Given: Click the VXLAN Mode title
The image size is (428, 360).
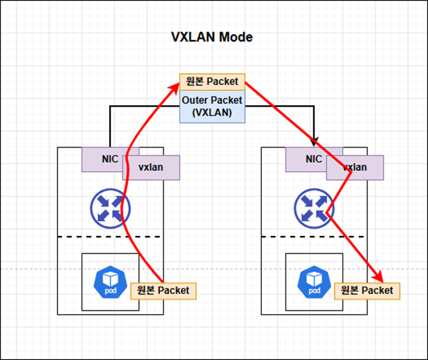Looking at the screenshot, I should click(212, 38).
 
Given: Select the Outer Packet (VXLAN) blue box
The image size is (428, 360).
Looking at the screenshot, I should click(212, 107).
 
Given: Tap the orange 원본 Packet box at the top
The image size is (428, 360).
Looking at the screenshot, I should click(212, 82).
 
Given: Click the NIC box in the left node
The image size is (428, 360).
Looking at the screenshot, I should click(102, 159).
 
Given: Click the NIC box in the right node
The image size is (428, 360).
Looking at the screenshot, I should click(306, 159).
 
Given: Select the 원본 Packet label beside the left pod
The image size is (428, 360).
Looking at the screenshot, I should click(163, 290).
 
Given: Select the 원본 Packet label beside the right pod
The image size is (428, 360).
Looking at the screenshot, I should click(367, 290).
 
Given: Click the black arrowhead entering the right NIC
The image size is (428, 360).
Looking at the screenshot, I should click(314, 143).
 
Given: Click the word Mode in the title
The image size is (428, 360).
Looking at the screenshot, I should click(236, 38).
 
